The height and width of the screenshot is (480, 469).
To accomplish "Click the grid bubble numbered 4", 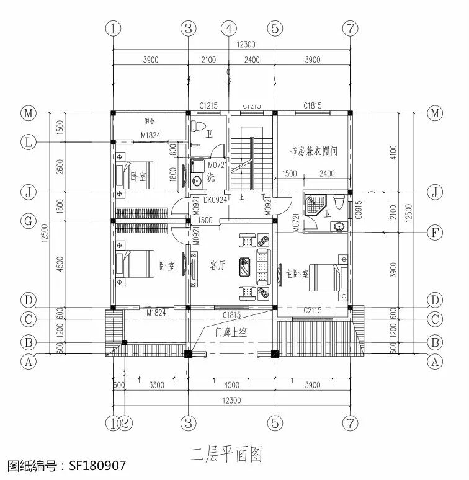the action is pyautogui.click(x=230, y=28).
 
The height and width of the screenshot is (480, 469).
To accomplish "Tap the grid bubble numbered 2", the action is pyautogui.click(x=125, y=423).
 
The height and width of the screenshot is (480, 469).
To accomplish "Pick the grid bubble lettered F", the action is pyautogui.click(x=435, y=233).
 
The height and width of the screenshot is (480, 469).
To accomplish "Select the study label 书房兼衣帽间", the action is pyautogui.click(x=314, y=151).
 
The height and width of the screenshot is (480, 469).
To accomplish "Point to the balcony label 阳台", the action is pyautogui.click(x=150, y=122).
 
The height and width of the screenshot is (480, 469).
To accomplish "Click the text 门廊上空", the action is pyautogui.click(x=231, y=332).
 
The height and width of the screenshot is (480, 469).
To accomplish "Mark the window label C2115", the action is pyautogui.click(x=312, y=314).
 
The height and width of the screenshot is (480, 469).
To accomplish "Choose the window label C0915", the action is pyautogui.click(x=359, y=210).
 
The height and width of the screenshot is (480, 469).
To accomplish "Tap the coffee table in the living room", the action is pyautogui.click(x=245, y=266).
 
